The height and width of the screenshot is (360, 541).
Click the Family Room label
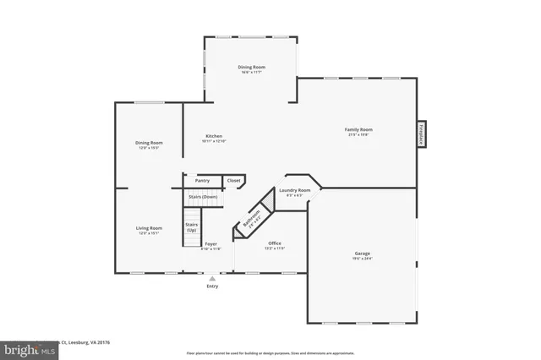[x=359, y=129]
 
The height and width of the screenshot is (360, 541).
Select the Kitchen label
[x=214, y=137]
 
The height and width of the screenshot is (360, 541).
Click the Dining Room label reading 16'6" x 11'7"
[x=251, y=67]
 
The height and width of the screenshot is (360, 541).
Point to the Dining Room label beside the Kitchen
[x=149, y=143]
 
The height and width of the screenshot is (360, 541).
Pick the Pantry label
[x=202, y=180]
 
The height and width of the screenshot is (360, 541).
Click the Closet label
[x=233, y=180]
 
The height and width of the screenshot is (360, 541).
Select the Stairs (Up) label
[x=191, y=227]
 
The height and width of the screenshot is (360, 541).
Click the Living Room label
[x=149, y=227]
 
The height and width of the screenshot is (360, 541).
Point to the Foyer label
[x=210, y=243]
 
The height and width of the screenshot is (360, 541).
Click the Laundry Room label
[x=295, y=190]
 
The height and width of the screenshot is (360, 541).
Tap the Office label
[x=275, y=243]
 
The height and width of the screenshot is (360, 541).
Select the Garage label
[x=362, y=254]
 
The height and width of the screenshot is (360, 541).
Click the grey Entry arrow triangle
[x=212, y=277]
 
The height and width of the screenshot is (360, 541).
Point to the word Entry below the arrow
[x=212, y=286]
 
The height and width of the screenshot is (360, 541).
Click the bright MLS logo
[x=30, y=348]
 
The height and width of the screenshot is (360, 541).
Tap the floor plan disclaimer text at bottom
[x=270, y=352]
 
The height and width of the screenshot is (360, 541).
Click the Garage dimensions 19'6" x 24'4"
[x=362, y=259]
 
